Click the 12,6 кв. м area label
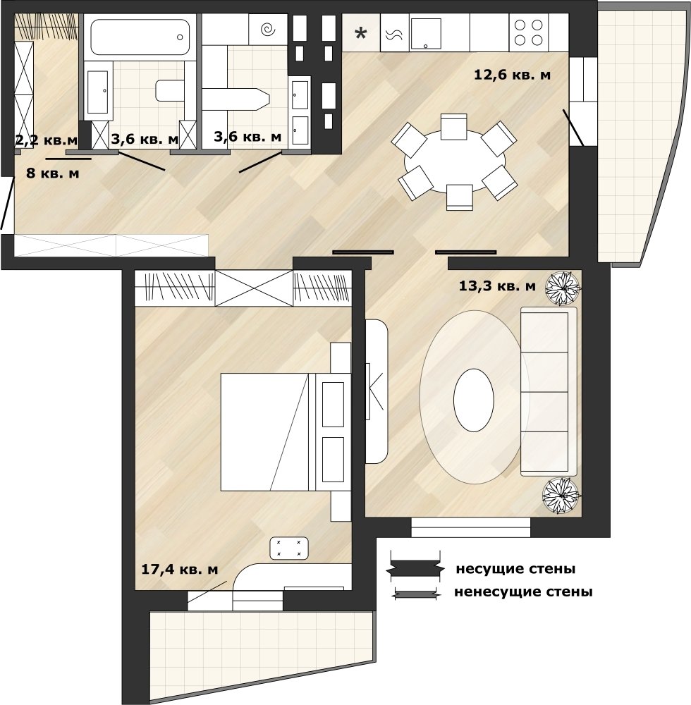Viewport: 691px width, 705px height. [512, 75]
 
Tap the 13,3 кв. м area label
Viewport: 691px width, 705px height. [497, 286]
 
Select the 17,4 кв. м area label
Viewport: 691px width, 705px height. [179, 569]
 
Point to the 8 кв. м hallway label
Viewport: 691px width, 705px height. [53, 173]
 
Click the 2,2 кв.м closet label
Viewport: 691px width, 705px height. [47, 140]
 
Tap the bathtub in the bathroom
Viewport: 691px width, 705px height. [140, 37]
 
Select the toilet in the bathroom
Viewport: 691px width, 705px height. [170, 90]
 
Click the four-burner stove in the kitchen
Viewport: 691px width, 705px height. [529, 32]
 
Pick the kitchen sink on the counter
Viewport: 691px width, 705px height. [426, 34]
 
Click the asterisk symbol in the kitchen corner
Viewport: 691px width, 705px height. [360, 33]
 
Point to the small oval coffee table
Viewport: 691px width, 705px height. [473, 400]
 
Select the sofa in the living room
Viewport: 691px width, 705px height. [549, 391]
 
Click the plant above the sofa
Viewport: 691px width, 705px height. [563, 288]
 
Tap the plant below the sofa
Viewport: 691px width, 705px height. [562, 496]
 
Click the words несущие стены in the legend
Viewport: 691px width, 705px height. [515, 569]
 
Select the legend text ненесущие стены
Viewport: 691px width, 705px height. [523, 591]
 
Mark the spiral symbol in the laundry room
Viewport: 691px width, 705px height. [269, 30]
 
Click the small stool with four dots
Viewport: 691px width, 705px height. [288, 548]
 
